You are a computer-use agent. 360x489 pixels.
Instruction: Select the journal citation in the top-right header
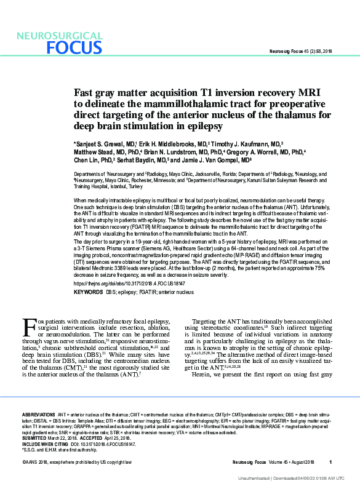(x=301, y=51)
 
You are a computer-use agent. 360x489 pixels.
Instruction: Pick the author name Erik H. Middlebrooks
(x=162, y=143)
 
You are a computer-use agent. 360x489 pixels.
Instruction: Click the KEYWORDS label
(x=88, y=292)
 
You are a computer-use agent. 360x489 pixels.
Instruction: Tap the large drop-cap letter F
(x=28, y=324)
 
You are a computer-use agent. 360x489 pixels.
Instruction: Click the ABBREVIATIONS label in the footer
(x=39, y=416)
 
